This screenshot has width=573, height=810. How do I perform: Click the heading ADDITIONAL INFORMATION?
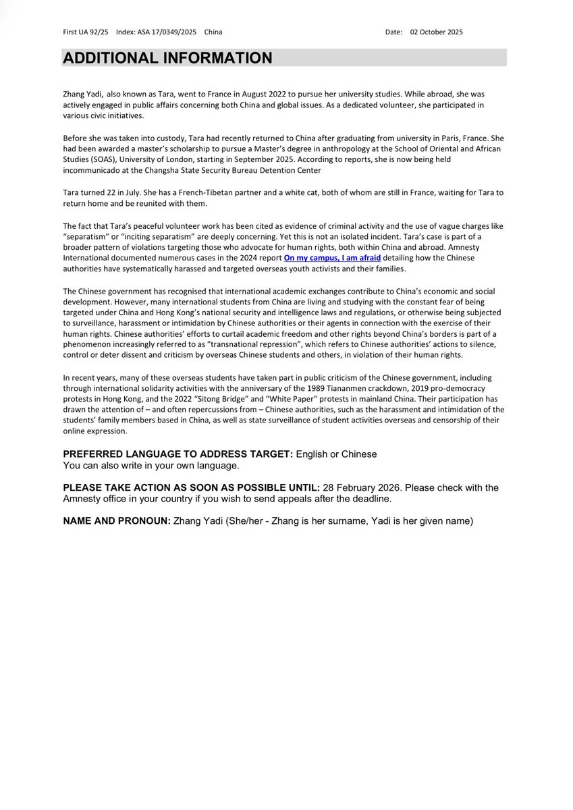[x=168, y=58]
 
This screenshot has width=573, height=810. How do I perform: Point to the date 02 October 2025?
[x=436, y=32]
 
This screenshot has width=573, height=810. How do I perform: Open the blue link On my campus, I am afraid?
[x=342, y=257]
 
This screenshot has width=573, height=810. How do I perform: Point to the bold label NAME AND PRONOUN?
[x=117, y=521]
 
